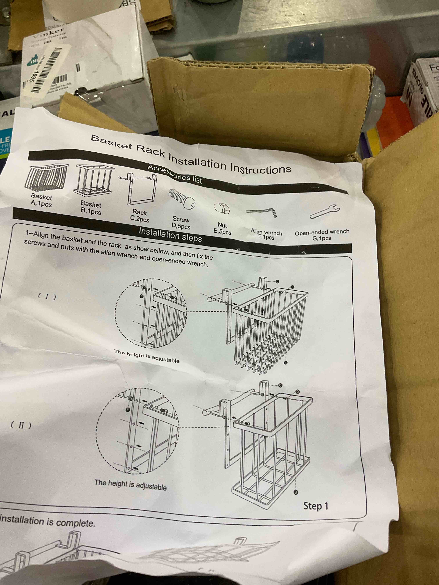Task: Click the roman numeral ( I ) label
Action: coord(47,296)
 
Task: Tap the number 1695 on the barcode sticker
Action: coord(33,77)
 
